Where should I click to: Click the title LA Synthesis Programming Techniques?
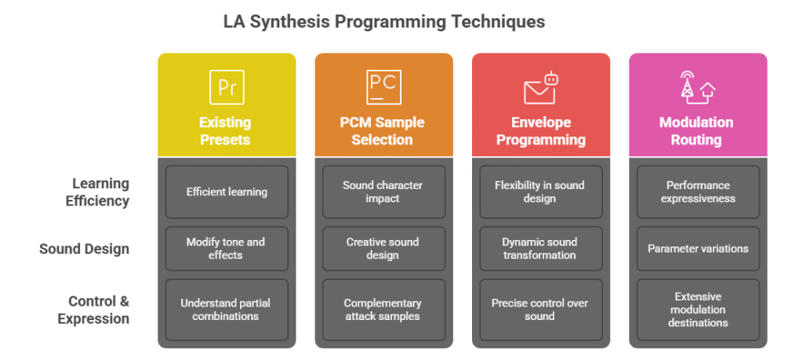pos(383,21)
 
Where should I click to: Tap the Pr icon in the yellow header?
pos(227,87)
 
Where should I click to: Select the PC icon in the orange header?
pos(383,87)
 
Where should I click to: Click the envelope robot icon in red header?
pos(540,89)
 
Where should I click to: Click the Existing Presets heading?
pos(227,131)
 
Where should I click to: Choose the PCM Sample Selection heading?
pos(383,131)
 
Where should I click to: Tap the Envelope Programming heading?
pos(540,131)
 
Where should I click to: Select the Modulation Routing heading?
pos(696,131)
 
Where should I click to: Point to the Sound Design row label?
pos(85,249)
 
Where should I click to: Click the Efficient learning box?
pos(227,192)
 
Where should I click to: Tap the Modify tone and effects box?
pos(227,249)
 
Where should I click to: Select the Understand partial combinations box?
pos(227,310)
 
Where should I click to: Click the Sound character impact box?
pos(383,192)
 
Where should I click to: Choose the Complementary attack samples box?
pos(383,310)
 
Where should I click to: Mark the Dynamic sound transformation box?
pos(540,249)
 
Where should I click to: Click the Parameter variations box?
pos(697,249)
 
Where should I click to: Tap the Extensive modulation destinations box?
pos(697,310)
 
